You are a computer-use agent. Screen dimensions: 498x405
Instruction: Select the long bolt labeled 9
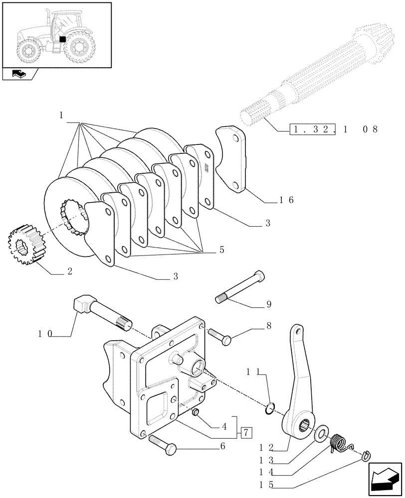click(240, 287)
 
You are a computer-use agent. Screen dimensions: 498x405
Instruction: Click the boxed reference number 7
click(246, 432)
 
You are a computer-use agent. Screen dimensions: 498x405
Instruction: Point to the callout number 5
click(221, 250)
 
